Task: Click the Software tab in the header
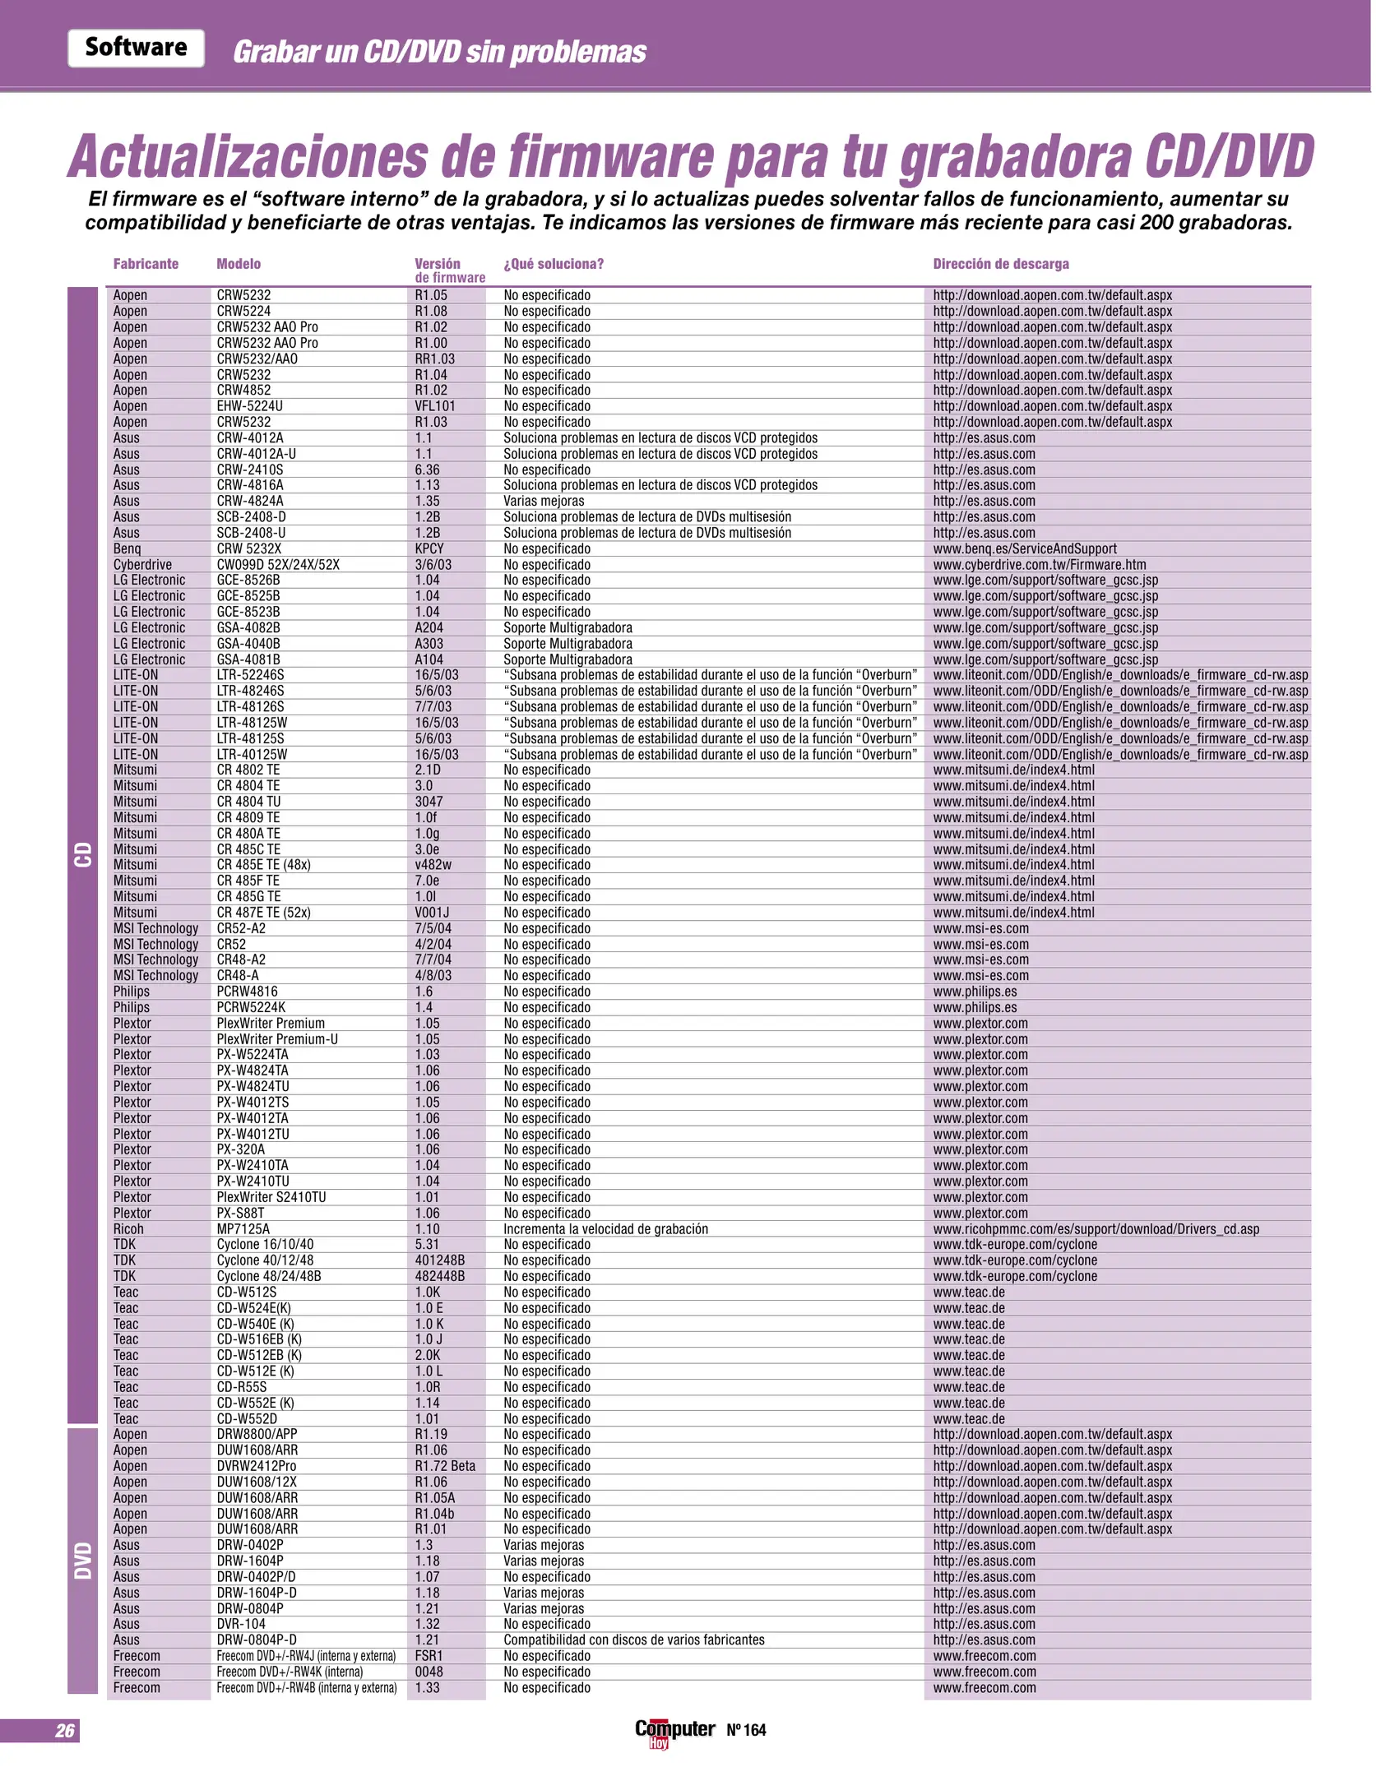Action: [136, 48]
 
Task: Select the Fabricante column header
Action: [146, 264]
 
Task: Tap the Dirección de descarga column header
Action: [1000, 264]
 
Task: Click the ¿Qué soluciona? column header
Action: [554, 264]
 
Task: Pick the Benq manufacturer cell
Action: [127, 548]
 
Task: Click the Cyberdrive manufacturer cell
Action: [142, 565]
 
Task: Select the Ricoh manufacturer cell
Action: [128, 1228]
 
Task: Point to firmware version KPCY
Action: [429, 548]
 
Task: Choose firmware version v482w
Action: [433, 865]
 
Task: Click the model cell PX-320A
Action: [240, 1149]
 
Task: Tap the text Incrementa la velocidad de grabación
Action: [605, 1228]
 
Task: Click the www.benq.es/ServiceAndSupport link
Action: [1025, 548]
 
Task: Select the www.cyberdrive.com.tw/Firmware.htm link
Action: [1039, 565]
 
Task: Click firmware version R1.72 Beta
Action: [445, 1466]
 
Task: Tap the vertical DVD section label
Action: [83, 1561]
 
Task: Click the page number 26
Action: [65, 1731]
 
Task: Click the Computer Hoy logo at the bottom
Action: [674, 1732]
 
